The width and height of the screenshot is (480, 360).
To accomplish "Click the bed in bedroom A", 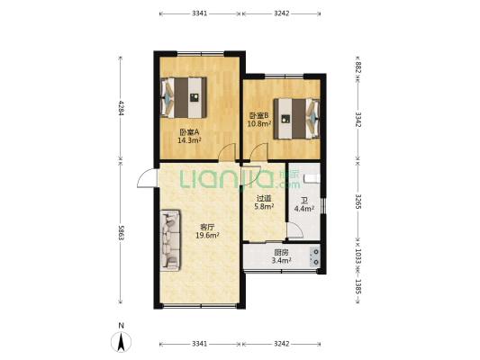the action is pos(184,97).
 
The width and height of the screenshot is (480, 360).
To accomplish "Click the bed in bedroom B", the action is pos(297,119).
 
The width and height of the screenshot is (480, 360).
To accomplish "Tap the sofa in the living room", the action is pos(170,240).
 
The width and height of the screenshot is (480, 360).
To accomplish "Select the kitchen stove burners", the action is pos(315,256).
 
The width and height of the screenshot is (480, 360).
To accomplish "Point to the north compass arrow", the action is pos(122,342).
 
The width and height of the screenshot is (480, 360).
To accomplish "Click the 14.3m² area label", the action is pos(189,140).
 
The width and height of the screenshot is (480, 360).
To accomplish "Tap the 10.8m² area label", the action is pos(259,124).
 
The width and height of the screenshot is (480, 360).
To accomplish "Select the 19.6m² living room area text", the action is pos(207,235).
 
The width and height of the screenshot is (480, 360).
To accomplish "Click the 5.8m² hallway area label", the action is pos(264,206).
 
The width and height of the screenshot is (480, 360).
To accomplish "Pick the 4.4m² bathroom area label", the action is pos(304,209).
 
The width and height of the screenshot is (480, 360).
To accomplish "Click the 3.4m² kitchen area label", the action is pos(281,261).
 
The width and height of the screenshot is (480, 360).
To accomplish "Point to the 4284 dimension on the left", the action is pos(121,108).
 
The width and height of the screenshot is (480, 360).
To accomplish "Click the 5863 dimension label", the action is pos(121,233).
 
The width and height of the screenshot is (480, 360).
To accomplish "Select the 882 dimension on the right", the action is pos(358,67).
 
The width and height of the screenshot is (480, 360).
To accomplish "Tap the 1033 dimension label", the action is pos(358,256).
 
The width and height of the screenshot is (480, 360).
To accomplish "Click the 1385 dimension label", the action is pos(358,286).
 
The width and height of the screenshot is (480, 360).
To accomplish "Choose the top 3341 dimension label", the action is pos(200,13).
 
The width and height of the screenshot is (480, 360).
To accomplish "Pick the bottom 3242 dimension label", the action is pos(281,344).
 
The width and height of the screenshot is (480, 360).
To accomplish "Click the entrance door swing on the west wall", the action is pos(146,178).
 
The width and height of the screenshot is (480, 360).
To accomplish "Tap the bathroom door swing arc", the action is pos(295,230).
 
